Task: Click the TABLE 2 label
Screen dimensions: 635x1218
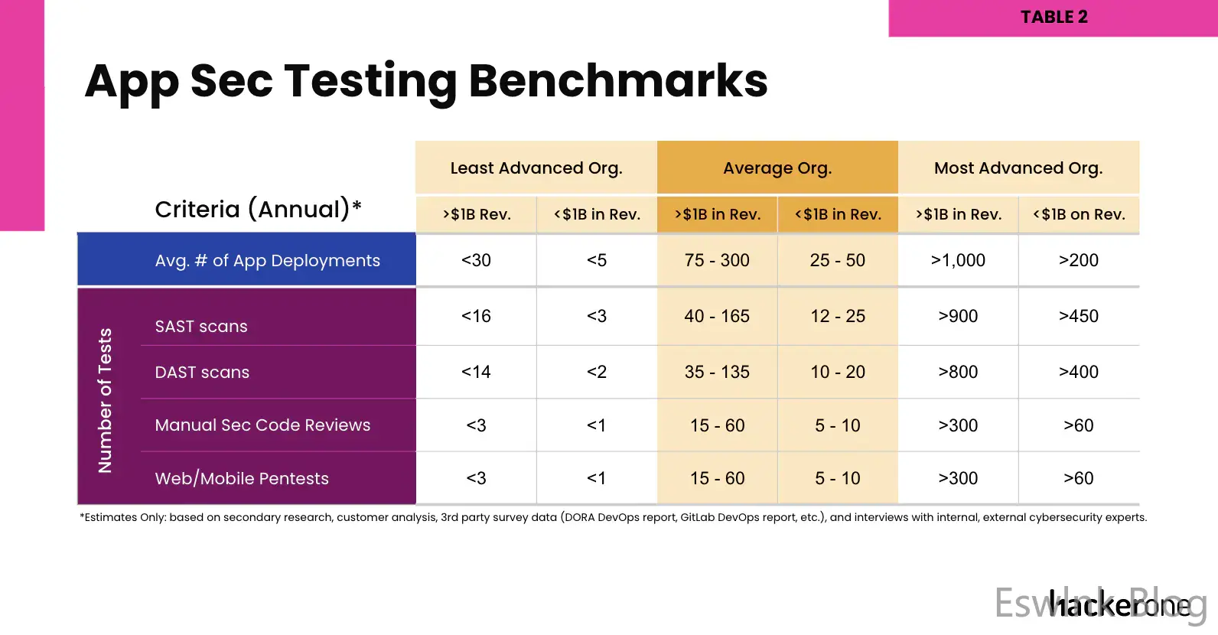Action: [1054, 17]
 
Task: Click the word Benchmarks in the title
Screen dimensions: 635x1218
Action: [618, 80]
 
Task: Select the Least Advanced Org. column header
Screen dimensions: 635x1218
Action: [536, 168]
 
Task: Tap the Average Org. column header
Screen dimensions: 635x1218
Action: [777, 168]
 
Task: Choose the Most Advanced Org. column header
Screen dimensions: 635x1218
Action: [1018, 168]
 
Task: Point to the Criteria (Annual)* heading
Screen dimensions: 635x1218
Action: [258, 209]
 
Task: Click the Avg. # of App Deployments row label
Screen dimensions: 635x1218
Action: [267, 260]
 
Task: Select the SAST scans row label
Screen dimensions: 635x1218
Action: [201, 326]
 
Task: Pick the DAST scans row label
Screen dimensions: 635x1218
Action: [202, 372]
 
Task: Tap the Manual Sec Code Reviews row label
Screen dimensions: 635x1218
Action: [262, 425]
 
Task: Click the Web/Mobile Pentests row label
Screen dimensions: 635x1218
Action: [242, 478]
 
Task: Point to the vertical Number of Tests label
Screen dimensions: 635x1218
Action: [106, 400]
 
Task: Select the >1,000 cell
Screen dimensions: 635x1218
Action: [958, 260]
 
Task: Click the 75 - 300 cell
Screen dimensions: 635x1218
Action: [717, 260]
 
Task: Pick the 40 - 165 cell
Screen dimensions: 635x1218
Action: [717, 316]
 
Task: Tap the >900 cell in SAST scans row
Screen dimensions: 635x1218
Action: [958, 316]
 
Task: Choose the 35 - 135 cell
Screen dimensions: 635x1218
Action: [717, 372]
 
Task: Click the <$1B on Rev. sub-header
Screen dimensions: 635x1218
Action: [1079, 214]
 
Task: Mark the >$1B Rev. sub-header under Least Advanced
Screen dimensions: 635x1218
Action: [476, 214]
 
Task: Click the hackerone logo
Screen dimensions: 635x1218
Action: [1119, 605]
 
